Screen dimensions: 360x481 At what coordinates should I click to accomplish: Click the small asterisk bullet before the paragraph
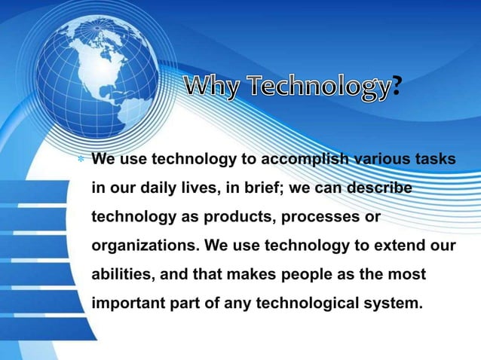tap(81, 160)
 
